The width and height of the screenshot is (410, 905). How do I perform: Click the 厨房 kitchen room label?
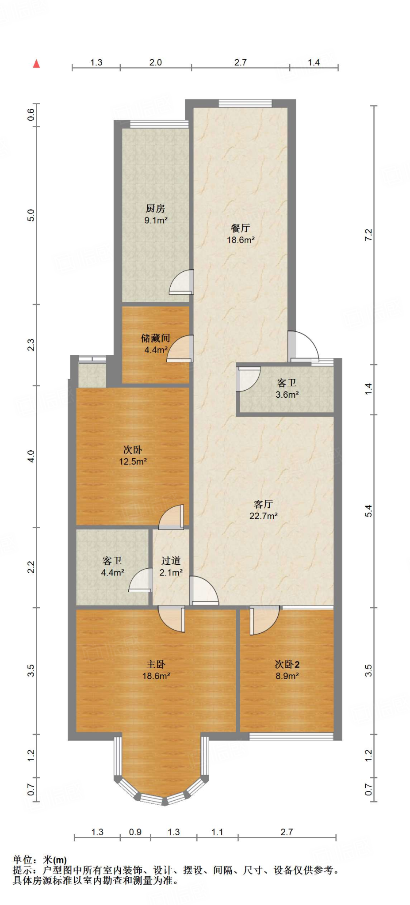[155, 208]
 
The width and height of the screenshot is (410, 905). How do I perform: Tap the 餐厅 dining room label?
[241, 228]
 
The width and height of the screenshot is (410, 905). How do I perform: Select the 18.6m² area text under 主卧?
[156, 676]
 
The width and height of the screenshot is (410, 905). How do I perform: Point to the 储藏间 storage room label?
[155, 338]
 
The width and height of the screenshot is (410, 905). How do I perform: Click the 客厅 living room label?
[263, 504]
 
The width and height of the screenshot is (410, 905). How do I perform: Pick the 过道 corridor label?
[171, 561]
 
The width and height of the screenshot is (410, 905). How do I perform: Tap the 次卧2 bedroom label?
[287, 664]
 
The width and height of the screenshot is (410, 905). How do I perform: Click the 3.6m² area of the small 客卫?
[287, 395]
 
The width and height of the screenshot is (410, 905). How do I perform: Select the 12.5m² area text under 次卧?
[133, 461]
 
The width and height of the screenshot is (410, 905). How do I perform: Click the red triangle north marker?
[37, 64]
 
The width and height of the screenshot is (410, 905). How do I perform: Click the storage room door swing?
[180, 349]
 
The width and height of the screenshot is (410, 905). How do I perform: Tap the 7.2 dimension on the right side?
[368, 235]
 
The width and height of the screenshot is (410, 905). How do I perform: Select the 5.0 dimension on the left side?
[31, 215]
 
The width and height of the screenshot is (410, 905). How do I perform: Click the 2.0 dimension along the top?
[156, 62]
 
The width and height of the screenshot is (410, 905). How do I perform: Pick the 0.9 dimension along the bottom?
[135, 832]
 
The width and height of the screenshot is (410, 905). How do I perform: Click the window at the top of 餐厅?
[245, 104]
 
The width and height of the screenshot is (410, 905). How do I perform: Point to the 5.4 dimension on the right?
[368, 511]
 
